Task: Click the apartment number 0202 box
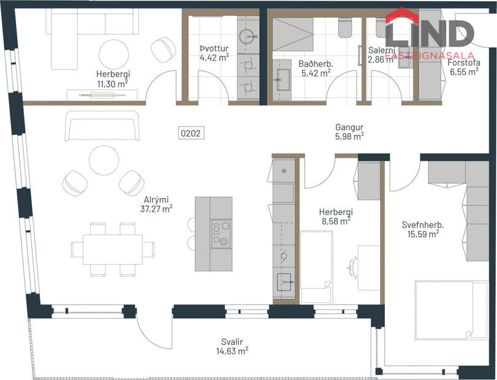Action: [x=191, y=132]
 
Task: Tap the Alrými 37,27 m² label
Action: [x=156, y=203]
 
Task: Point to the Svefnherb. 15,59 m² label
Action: [x=423, y=229]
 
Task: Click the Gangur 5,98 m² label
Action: [x=349, y=132]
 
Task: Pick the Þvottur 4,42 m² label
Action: [x=214, y=53]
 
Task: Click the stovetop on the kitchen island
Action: [x=221, y=234]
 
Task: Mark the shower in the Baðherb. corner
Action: [x=293, y=35]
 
